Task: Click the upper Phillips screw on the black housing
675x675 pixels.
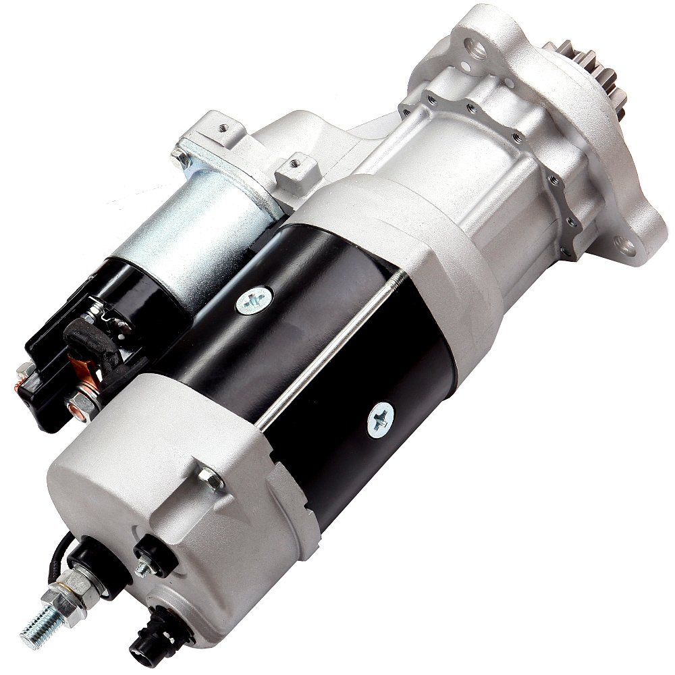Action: coord(254,298)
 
